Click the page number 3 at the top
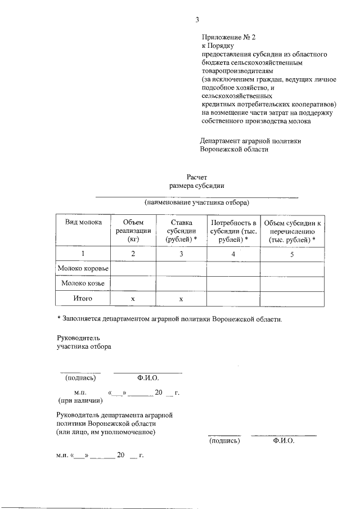click(197, 21)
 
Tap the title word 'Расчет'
click(197, 177)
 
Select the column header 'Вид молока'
click(83, 223)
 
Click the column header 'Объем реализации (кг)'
click(133, 231)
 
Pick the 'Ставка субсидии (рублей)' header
click(181, 231)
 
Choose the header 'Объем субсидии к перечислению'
click(291, 231)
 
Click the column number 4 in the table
click(233, 254)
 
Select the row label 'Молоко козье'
click(83, 284)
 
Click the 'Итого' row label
click(83, 299)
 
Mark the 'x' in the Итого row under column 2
click(133, 299)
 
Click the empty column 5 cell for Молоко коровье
click(291, 269)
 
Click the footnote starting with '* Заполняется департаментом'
click(169, 319)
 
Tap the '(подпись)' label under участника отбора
click(80, 378)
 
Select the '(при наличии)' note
click(80, 401)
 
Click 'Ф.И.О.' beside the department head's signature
click(283, 441)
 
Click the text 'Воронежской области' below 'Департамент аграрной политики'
click(234, 150)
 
